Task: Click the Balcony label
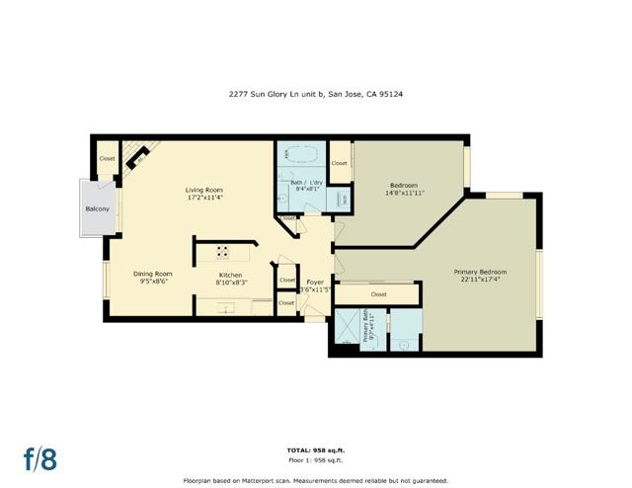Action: (x=97, y=208)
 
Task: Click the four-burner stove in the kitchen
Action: (x=224, y=251)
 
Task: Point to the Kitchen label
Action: (x=230, y=274)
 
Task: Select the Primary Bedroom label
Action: (x=480, y=272)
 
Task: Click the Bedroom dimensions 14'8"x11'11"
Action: (x=404, y=194)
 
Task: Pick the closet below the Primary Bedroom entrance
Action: (x=378, y=294)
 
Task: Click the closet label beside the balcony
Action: (x=107, y=158)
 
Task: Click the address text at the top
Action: (x=315, y=96)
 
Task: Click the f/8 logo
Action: (x=40, y=458)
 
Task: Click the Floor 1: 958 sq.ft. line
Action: (x=315, y=460)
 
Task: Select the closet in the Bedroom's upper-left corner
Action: (x=339, y=163)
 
